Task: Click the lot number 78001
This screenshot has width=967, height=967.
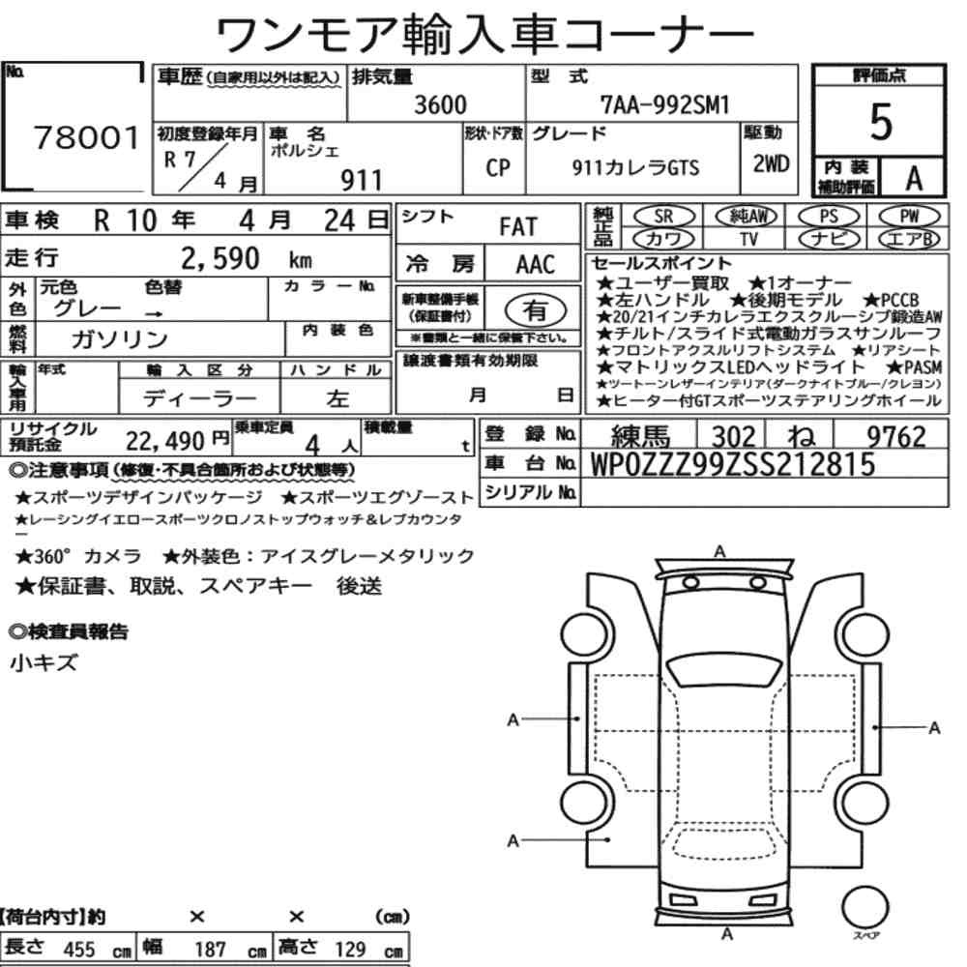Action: pyautogui.click(x=86, y=137)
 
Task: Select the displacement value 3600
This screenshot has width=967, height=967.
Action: pyautogui.click(x=440, y=104)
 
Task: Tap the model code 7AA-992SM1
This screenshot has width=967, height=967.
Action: pyautogui.click(x=665, y=104)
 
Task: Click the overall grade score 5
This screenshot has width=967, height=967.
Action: pyautogui.click(x=881, y=122)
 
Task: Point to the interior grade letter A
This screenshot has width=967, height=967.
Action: pyautogui.click(x=914, y=178)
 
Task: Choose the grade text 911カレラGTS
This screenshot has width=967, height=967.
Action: pyautogui.click(x=635, y=167)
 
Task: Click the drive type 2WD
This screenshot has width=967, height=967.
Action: pyautogui.click(x=771, y=163)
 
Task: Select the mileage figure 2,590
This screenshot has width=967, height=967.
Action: pyautogui.click(x=220, y=258)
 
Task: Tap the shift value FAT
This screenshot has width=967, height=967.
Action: pyautogui.click(x=518, y=227)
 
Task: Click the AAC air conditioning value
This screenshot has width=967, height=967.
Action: pyautogui.click(x=536, y=265)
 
